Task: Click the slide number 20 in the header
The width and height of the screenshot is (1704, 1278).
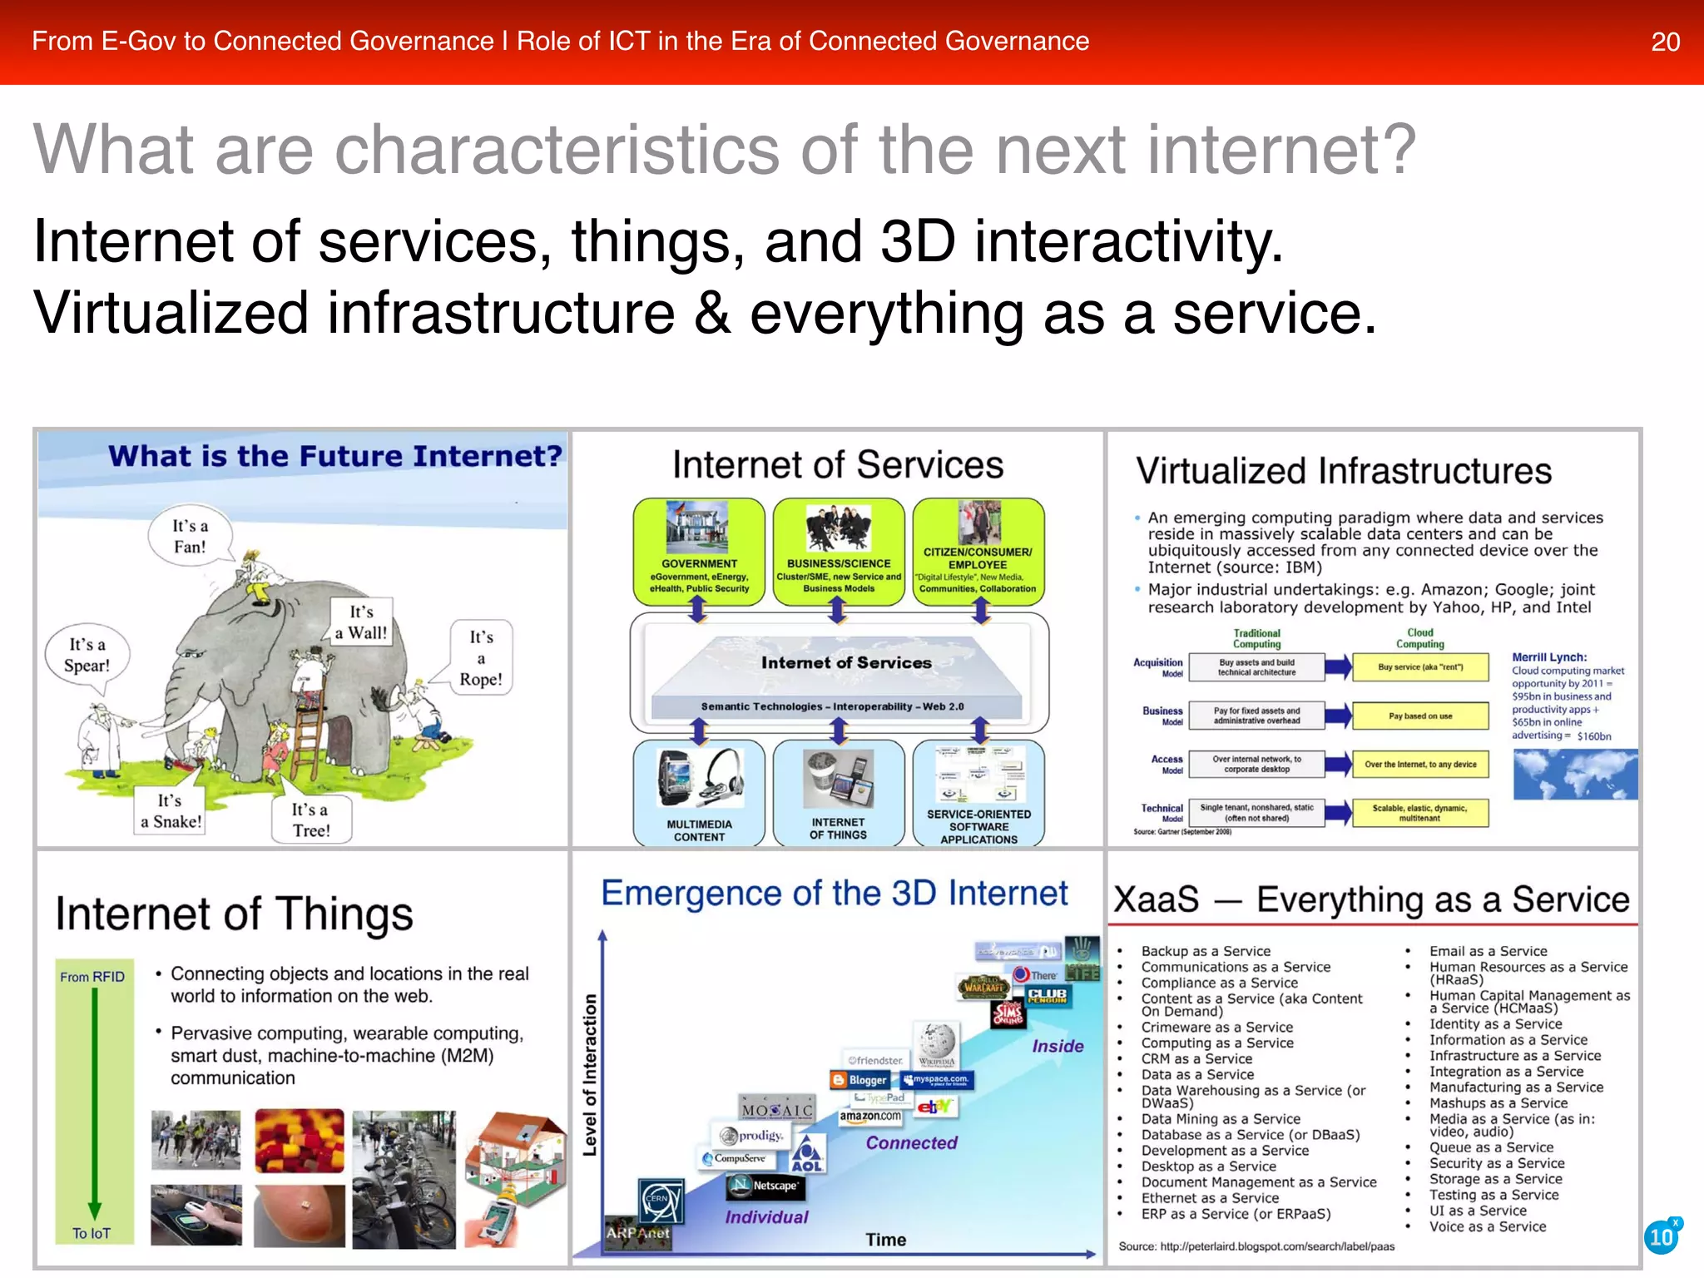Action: (1665, 42)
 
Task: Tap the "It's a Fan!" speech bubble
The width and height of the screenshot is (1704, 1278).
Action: (190, 537)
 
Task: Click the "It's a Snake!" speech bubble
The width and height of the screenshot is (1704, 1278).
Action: (171, 810)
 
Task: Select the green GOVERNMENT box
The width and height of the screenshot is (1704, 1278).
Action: (699, 550)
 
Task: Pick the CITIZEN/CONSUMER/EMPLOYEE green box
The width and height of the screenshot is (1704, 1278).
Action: (978, 550)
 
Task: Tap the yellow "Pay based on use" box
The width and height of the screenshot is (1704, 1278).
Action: (1420, 716)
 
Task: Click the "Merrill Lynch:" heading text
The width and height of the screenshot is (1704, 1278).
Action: (1549, 657)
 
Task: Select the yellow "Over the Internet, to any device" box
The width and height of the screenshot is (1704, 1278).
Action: (1420, 764)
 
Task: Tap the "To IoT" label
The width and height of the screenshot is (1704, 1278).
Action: (91, 1233)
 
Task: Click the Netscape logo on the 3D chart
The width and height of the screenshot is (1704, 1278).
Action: (766, 1186)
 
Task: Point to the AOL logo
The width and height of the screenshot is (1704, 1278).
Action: (807, 1156)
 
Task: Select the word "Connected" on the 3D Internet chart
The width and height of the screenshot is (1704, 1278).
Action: (911, 1143)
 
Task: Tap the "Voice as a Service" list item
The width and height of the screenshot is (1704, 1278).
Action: (1487, 1226)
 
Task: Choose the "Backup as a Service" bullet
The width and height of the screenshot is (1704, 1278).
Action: (1205, 951)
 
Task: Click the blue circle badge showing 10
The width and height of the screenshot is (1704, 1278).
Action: (1662, 1236)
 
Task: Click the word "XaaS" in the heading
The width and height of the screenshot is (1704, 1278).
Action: (1156, 900)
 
